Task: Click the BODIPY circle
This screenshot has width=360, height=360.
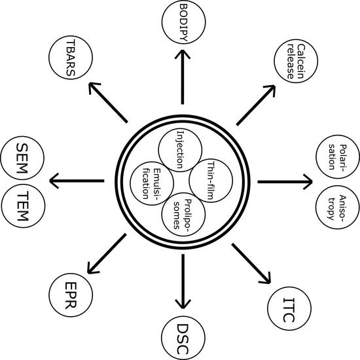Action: (179, 20)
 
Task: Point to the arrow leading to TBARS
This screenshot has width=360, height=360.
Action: (107, 103)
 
